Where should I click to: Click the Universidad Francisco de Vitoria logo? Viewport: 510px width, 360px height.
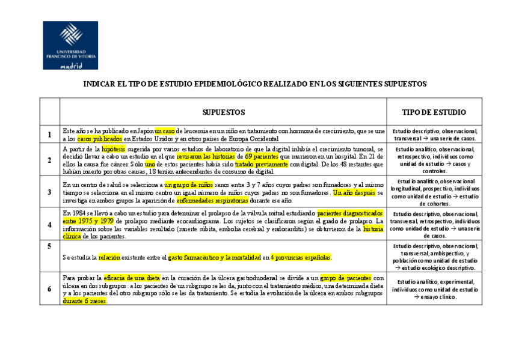coord(70,46)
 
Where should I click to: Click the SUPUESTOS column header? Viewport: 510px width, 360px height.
coord(223,112)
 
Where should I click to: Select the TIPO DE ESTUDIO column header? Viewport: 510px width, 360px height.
coord(434,112)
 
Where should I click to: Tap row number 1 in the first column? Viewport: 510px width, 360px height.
coord(49,135)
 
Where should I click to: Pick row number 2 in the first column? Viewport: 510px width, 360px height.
coord(49,160)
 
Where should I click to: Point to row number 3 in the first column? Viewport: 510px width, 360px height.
coord(49,192)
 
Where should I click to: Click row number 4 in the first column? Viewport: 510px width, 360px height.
coord(49,225)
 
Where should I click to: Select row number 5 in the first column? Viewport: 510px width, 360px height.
coord(49,246)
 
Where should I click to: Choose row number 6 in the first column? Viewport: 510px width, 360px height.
coord(49,289)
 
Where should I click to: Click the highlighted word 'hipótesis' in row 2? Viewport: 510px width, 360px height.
coord(114,148)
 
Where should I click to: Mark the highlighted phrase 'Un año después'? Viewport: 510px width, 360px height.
coord(354,193)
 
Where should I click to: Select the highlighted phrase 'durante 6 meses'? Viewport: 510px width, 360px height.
coord(84,301)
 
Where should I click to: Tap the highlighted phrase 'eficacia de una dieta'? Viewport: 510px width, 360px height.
coord(131,278)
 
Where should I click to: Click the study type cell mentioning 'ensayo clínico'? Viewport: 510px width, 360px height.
coord(434,289)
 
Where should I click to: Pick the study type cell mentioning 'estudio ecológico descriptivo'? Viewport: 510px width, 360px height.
coord(434,257)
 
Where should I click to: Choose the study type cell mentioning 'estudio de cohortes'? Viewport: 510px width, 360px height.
coord(434,192)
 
